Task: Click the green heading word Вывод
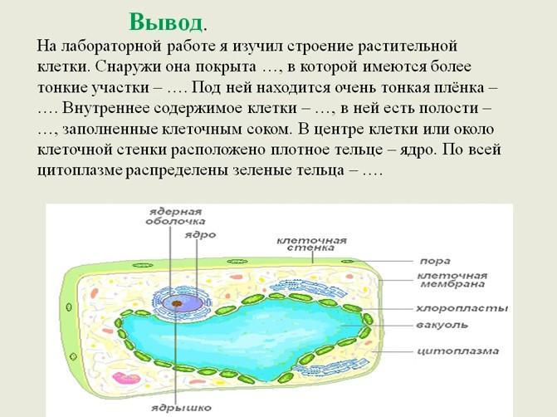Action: [165, 22]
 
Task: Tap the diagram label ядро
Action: [200, 235]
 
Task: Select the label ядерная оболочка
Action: [175, 217]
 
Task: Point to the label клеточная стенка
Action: [311, 244]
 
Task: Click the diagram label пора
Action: [435, 262]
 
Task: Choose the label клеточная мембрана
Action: [452, 280]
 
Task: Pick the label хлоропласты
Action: [462, 308]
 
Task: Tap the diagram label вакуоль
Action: [442, 325]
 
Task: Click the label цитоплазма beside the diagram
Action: [457, 351]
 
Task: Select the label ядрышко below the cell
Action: [181, 407]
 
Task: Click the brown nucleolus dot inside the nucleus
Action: [177, 303]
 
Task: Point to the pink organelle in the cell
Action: [123, 378]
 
